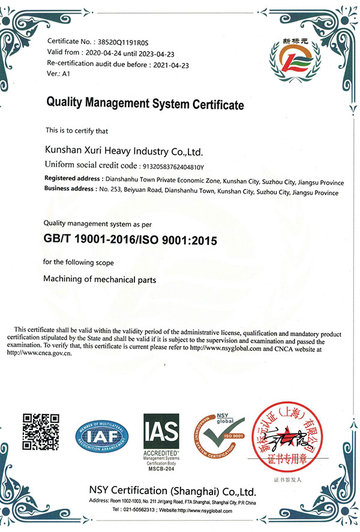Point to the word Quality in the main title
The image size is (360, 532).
pos(65,104)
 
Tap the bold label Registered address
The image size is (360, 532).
pos(73,179)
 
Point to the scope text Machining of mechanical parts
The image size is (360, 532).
pos(100,279)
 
